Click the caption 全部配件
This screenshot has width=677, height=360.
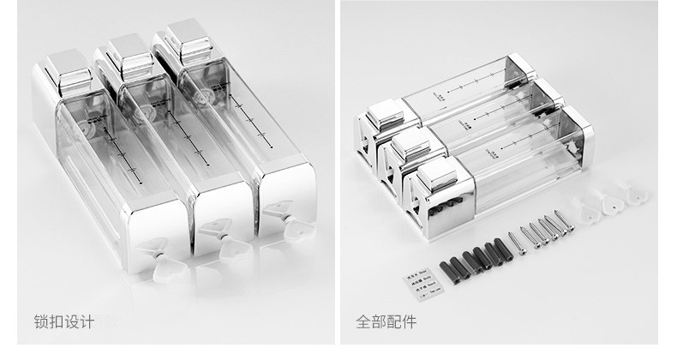point(386,323)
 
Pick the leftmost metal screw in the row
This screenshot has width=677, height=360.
point(512,239)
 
